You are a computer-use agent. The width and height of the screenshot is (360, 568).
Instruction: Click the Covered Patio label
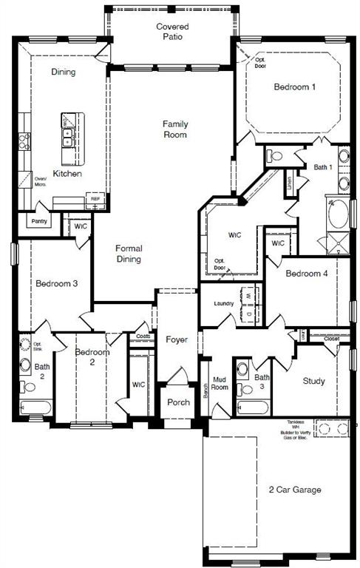click(171, 32)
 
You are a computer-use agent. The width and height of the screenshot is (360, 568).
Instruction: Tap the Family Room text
click(175, 129)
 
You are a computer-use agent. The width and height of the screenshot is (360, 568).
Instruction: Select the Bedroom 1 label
click(295, 87)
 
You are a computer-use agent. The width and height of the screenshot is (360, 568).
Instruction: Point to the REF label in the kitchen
click(95, 199)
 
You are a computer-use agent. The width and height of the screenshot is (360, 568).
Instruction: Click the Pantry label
click(38, 220)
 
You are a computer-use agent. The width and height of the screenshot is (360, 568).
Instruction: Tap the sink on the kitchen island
click(67, 136)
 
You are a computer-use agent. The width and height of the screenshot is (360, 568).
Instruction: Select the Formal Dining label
click(129, 254)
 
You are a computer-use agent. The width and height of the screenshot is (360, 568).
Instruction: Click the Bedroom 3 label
click(57, 283)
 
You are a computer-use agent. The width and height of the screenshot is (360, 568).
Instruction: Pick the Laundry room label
click(224, 304)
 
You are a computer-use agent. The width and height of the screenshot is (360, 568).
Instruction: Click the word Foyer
click(177, 340)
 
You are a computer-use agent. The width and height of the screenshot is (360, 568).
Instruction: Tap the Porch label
click(178, 402)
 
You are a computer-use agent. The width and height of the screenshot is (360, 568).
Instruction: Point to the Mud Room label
click(220, 383)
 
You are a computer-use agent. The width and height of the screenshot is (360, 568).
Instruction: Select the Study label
click(313, 382)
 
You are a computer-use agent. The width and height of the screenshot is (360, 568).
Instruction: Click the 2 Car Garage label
click(295, 490)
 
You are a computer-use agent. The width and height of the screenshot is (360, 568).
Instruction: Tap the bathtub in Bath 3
click(251, 406)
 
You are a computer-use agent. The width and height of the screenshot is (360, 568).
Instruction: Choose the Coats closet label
click(143, 337)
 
